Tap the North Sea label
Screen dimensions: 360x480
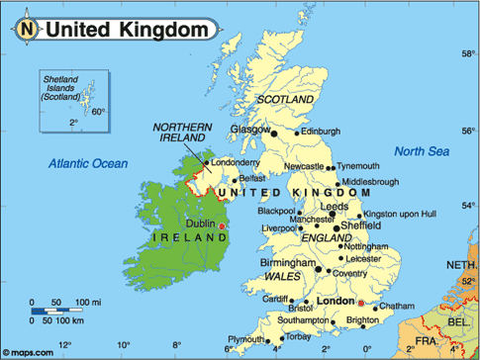pyautogui.click(x=422, y=151)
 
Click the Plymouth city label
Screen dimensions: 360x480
pyautogui.click(x=246, y=338)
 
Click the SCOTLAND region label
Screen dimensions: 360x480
pyautogui.click(x=284, y=100)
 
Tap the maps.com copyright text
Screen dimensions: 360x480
pyautogui.click(x=33, y=351)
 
